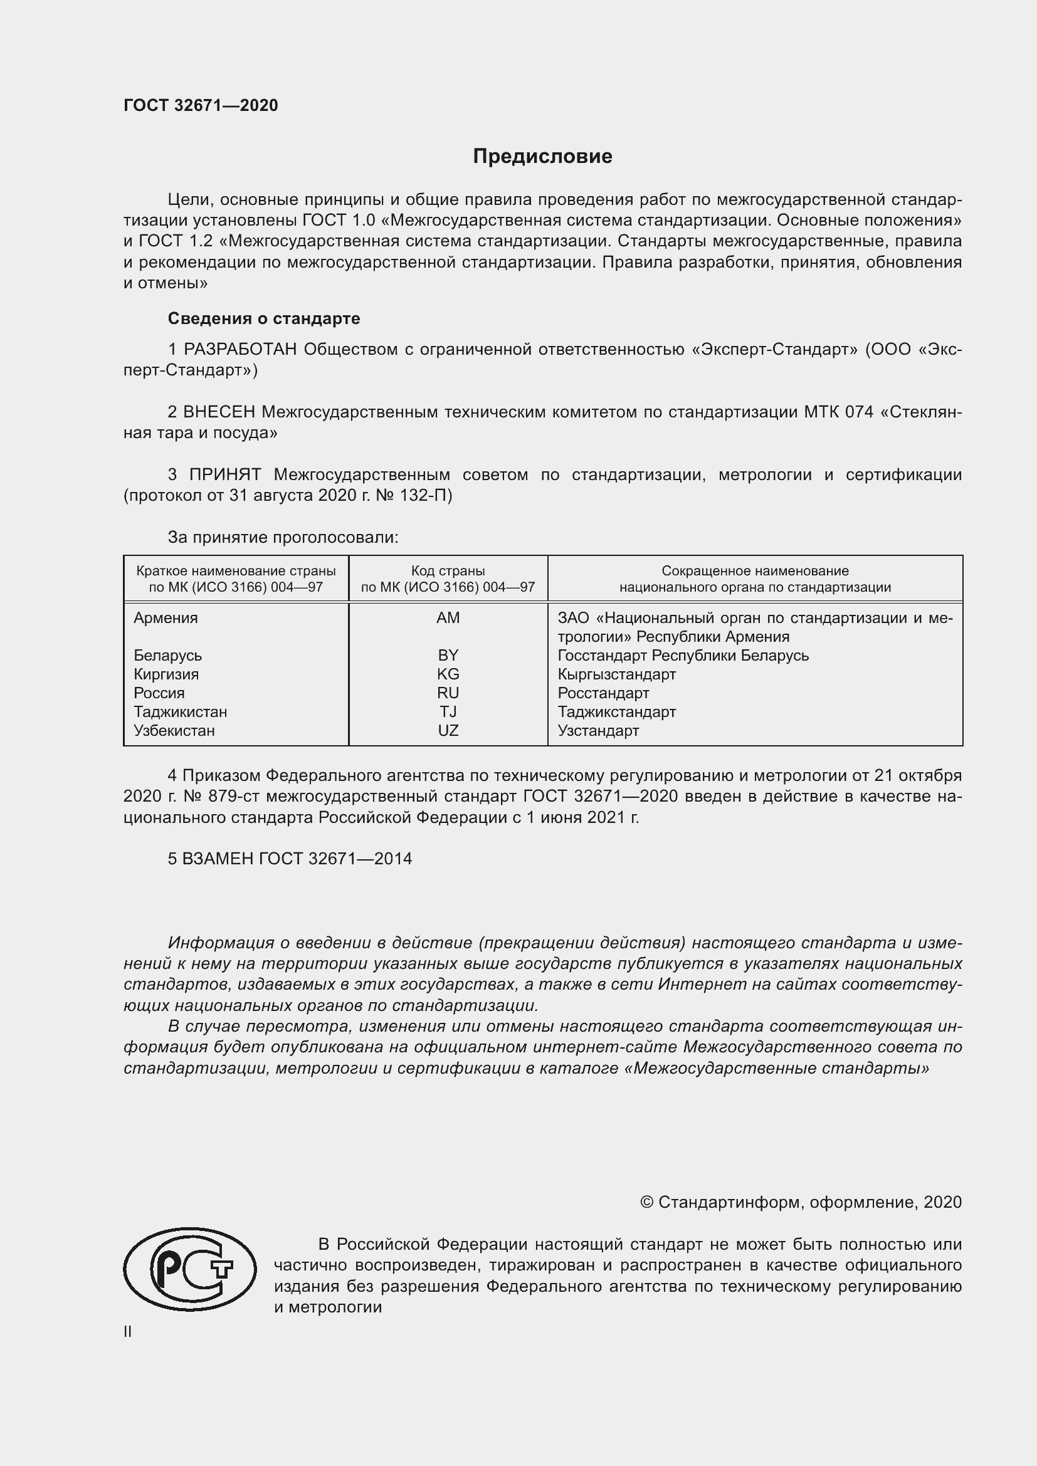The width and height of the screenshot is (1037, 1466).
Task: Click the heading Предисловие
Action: point(542,157)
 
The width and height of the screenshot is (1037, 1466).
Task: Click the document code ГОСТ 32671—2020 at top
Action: point(201,105)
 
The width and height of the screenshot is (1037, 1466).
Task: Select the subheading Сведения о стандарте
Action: point(264,318)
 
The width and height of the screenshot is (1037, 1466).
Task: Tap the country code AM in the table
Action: point(448,617)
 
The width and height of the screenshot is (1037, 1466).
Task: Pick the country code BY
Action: point(448,655)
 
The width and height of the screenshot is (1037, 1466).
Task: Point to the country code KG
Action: point(448,674)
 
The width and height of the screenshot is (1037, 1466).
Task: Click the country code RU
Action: point(448,693)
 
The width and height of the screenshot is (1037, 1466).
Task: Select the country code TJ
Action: point(448,711)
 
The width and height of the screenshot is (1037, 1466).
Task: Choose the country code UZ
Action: point(448,730)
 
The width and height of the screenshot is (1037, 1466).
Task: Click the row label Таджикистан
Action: point(180,711)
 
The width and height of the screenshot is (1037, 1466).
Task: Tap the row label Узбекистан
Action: point(174,730)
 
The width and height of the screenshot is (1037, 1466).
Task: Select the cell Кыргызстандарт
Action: point(616,674)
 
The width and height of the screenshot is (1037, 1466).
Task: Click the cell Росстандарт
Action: point(603,693)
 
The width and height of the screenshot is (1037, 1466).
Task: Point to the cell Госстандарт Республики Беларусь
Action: point(683,655)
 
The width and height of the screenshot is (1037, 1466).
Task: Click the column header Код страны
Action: point(448,571)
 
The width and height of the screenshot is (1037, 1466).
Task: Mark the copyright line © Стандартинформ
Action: point(800,1202)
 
